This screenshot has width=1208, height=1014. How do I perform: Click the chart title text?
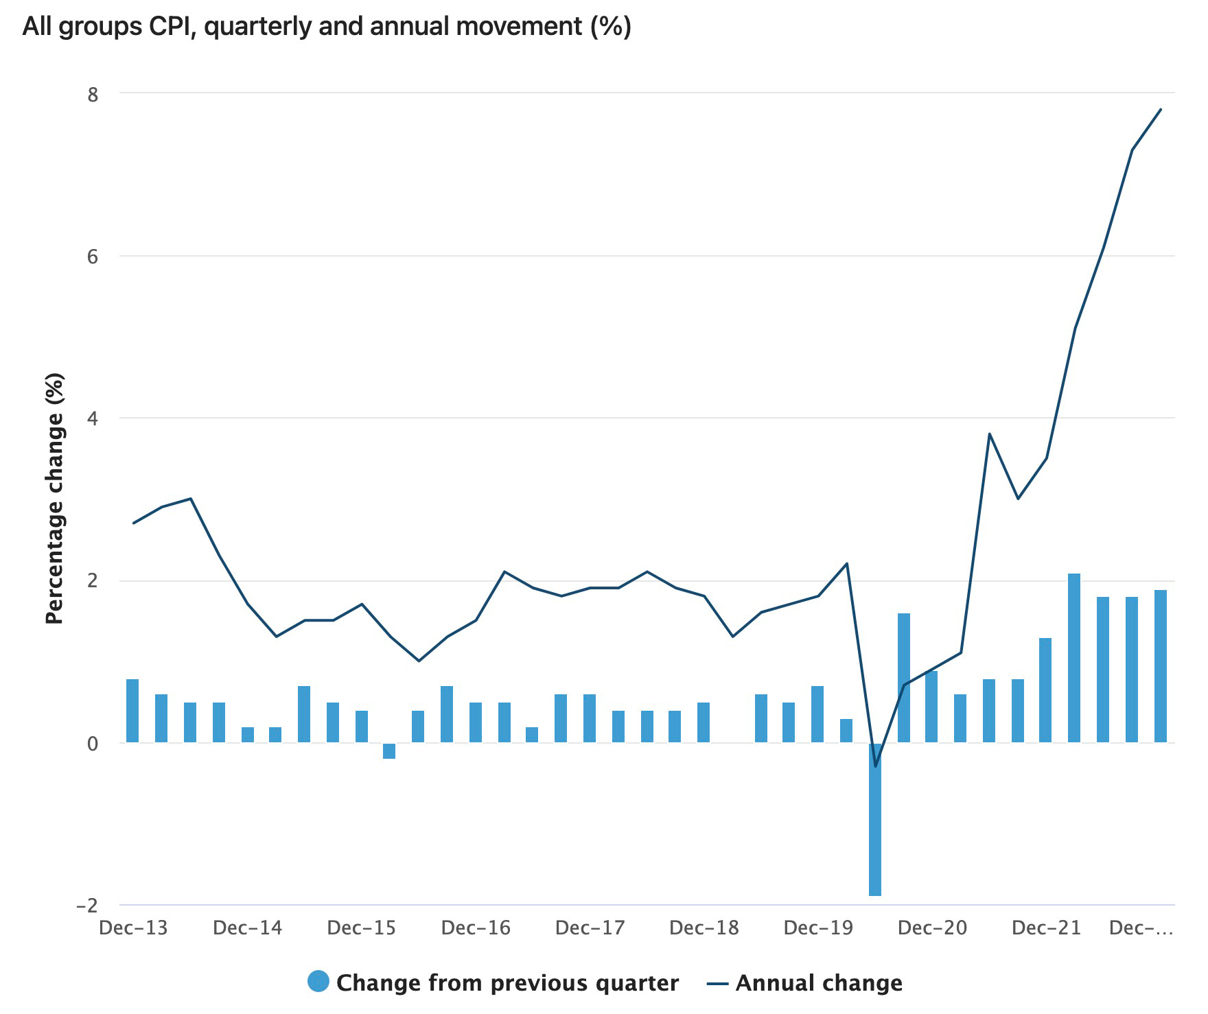pos(327,27)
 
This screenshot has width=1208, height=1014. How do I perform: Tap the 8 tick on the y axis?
pos(93,94)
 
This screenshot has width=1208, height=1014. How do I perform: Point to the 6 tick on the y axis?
pos(93,257)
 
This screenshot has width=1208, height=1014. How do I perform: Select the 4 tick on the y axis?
pos(93,418)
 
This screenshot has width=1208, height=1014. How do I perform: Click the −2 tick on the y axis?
pos(86,906)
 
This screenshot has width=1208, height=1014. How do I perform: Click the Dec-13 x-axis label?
pos(133,928)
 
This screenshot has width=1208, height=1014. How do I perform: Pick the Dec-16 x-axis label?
pos(476,928)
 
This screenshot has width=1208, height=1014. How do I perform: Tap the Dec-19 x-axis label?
pos(818,928)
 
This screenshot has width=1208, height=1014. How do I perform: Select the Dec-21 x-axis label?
pos(1046,928)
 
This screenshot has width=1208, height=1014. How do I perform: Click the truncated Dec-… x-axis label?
pos(1141,928)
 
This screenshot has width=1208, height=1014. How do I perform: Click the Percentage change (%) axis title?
pos(55,499)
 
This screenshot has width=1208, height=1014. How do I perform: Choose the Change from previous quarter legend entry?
pos(494,982)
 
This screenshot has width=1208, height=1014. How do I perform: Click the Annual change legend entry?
pos(804,982)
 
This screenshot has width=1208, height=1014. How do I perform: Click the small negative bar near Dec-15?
pos(389,751)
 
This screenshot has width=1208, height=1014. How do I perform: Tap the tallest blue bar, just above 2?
pos(1074,658)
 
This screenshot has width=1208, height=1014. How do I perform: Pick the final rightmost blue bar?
pos(1161,666)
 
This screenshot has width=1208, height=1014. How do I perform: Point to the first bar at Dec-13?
pos(132,711)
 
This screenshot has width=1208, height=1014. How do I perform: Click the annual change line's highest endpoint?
pos(1161,109)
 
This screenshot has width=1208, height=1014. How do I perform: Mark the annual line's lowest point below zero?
pos(875,766)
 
